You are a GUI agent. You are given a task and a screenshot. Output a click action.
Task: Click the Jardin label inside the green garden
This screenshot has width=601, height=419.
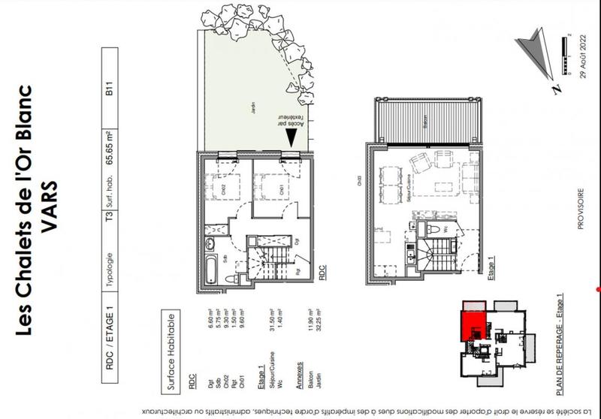253,112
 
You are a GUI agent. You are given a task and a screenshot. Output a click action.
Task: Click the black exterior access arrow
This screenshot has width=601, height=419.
290,137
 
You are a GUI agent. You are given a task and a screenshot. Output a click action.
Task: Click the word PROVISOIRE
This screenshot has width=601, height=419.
579,214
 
